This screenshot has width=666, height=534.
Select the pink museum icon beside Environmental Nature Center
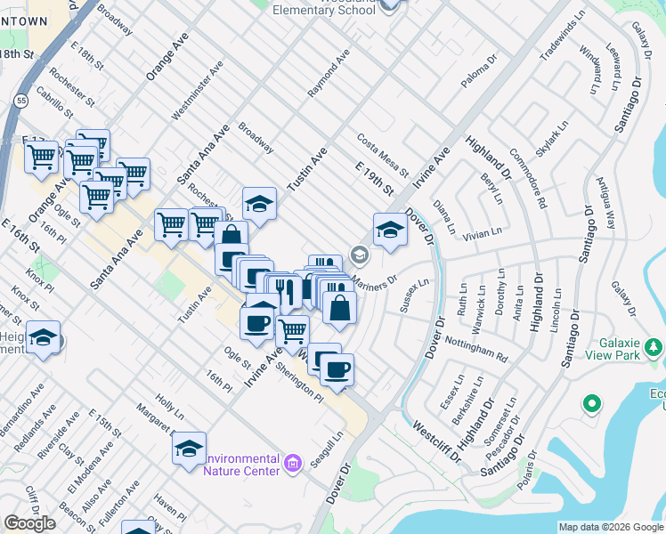(291, 463)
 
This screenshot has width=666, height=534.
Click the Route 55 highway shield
(20, 101)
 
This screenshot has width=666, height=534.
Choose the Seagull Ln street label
(326, 451)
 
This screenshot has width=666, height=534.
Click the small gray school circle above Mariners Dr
(359, 255)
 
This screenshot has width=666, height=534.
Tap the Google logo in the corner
(30, 523)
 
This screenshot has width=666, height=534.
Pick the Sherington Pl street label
(298, 380)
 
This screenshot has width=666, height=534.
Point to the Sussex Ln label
(415, 295)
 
